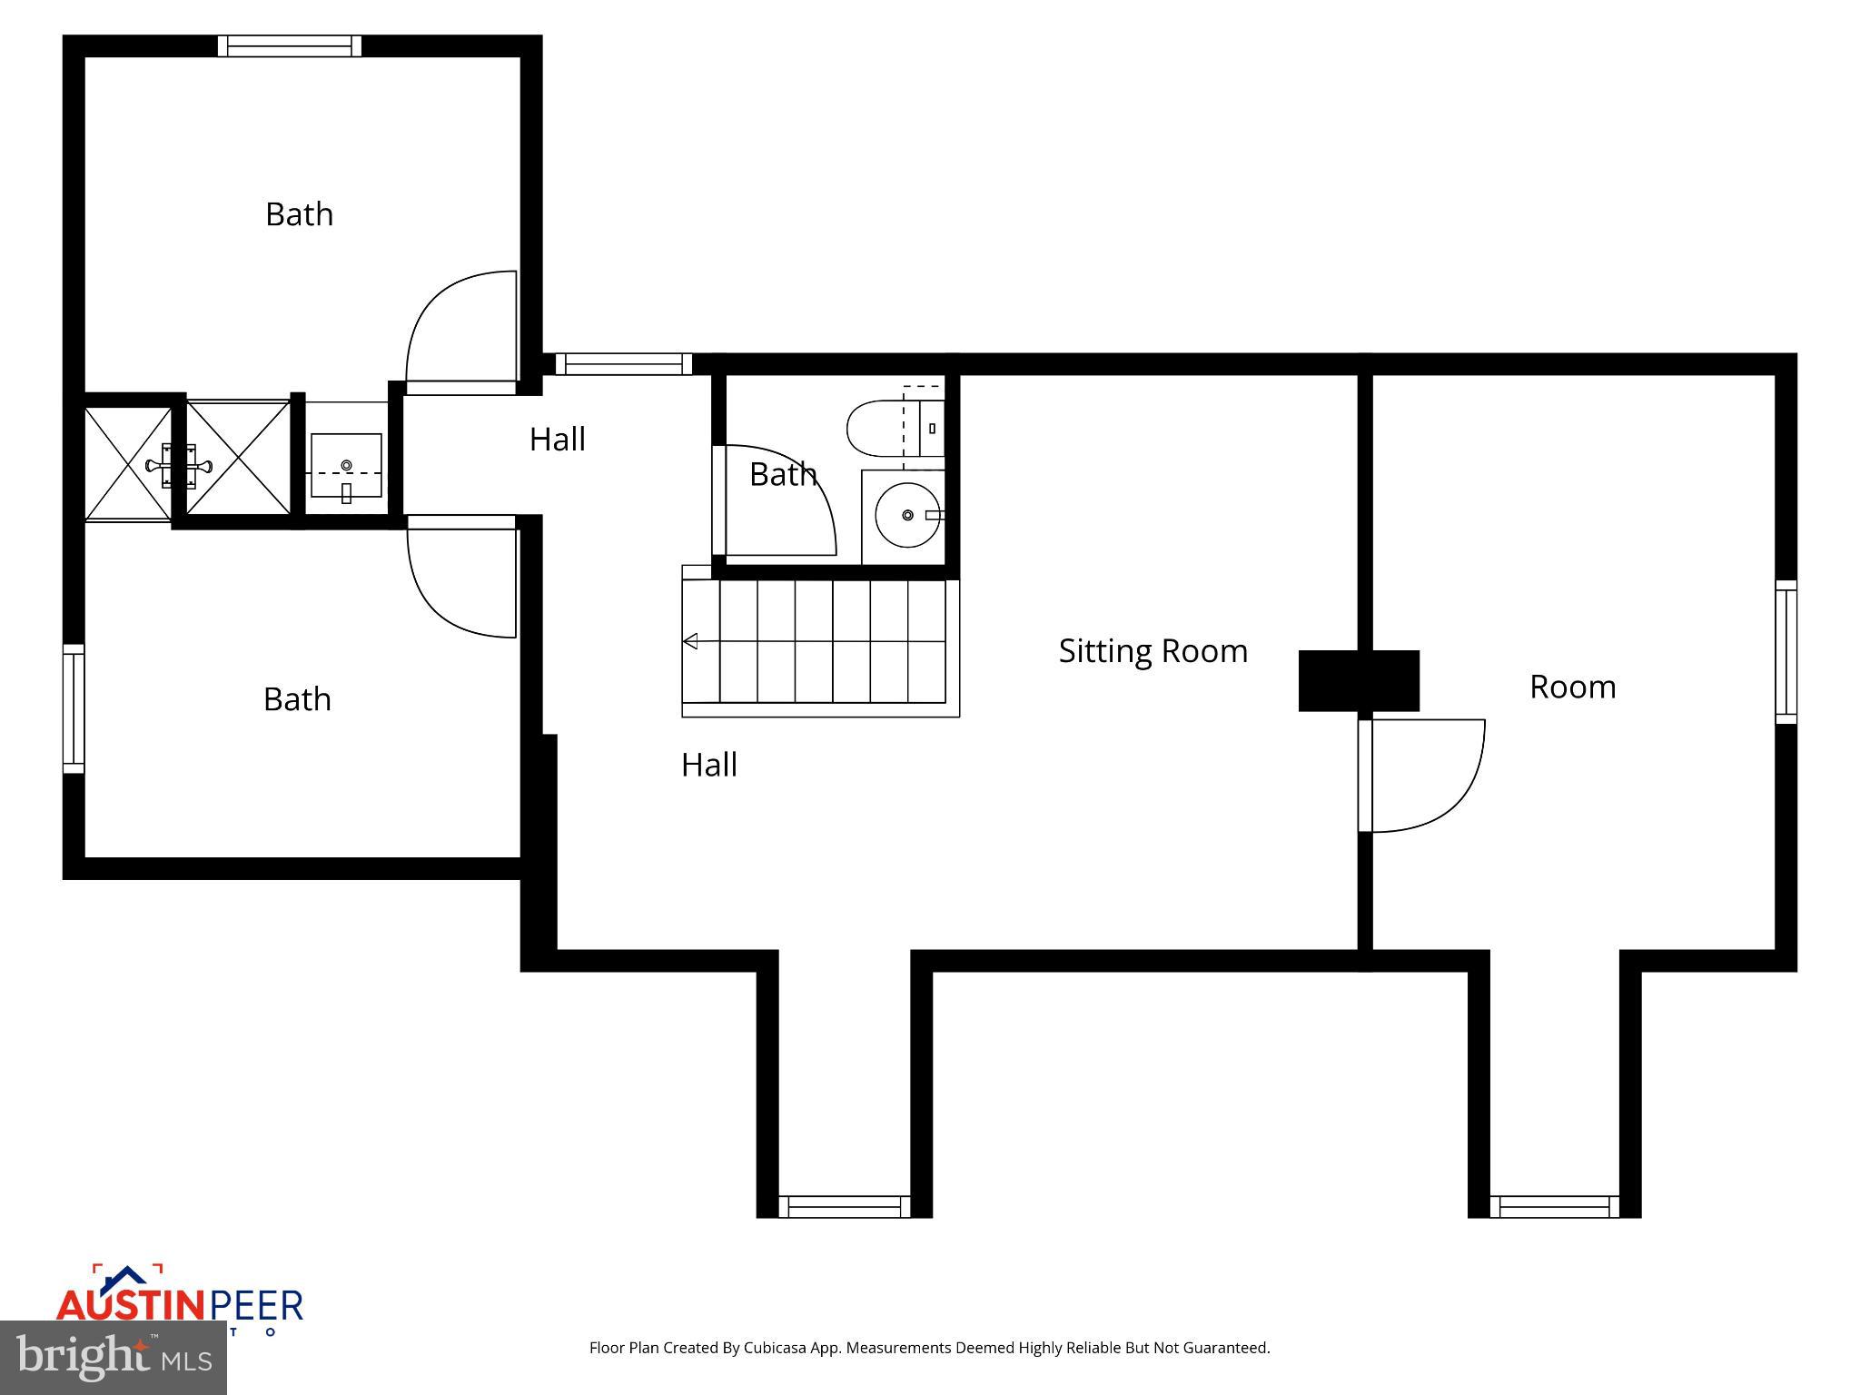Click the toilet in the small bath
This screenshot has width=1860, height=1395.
click(885, 429)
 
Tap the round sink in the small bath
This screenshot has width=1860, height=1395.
click(907, 515)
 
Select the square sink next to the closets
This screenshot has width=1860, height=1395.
click(346, 465)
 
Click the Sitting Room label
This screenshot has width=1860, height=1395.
click(1153, 651)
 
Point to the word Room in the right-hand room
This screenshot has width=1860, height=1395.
click(1572, 687)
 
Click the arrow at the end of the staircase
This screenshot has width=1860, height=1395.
click(690, 642)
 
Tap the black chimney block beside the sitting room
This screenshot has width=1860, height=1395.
click(1358, 680)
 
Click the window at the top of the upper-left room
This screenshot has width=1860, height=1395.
click(289, 46)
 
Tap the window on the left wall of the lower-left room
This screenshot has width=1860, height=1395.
click(74, 708)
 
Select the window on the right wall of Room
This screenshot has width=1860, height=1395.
click(1786, 652)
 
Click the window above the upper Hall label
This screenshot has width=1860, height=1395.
click(623, 364)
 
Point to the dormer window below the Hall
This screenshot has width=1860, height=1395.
click(844, 1206)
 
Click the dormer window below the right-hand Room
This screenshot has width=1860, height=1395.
click(1554, 1206)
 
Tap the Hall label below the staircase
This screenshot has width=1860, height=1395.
click(708, 765)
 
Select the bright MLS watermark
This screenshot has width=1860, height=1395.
click(114, 1358)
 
